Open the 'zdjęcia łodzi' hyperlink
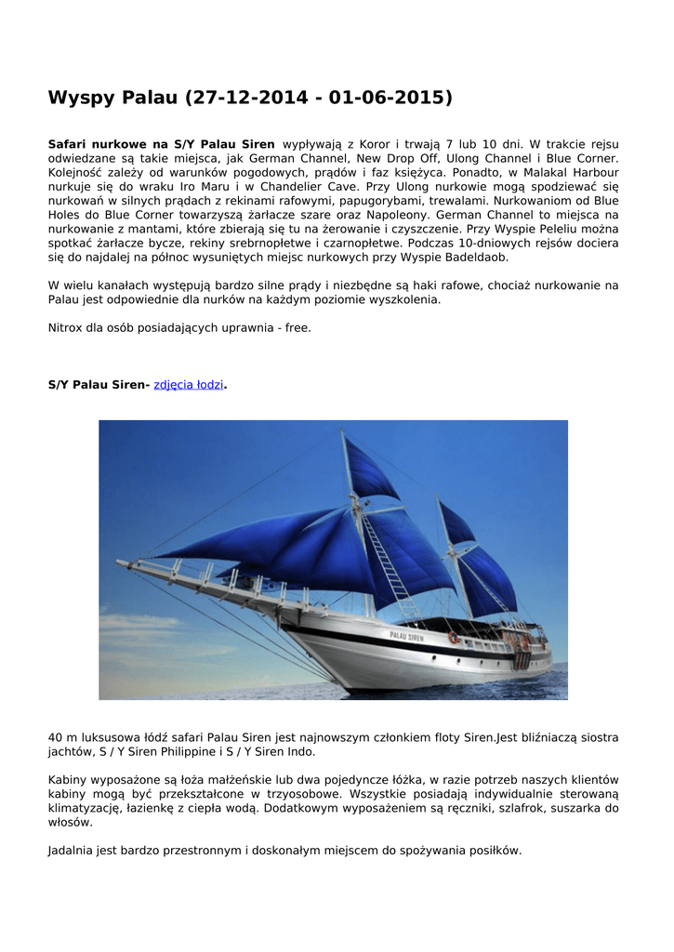click(188, 384)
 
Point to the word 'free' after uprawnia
click(296, 327)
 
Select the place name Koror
click(371, 144)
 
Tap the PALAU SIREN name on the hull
click(406, 637)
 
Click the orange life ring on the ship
click(453, 638)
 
